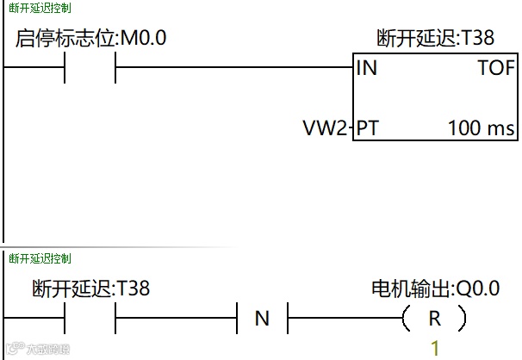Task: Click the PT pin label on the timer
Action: (x=368, y=129)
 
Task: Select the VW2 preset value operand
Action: (x=325, y=129)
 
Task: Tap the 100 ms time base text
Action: (x=480, y=129)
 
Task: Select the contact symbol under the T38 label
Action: (x=90, y=319)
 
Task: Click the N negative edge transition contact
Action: (x=262, y=319)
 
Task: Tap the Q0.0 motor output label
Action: (x=435, y=289)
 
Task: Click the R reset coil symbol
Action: (x=435, y=319)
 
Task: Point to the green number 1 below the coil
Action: (x=435, y=349)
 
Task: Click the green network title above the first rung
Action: (x=40, y=8)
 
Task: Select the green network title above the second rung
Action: (x=40, y=258)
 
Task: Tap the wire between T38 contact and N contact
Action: (x=177, y=319)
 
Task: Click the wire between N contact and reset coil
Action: (x=345, y=319)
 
